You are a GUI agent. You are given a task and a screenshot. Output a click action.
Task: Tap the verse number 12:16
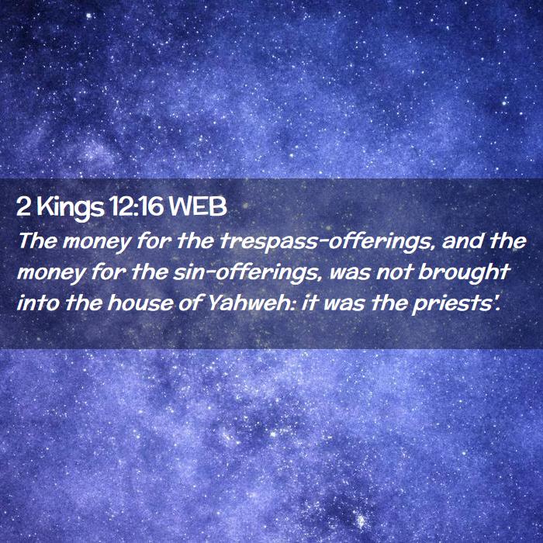pos(136,206)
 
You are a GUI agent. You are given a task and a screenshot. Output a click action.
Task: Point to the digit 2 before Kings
pos(23,207)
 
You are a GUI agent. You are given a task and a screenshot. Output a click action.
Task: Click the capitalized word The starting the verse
pos(37,240)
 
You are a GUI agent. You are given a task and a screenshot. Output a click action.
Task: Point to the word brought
pos(465,273)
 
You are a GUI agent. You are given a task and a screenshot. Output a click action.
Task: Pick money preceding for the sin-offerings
pos(51,274)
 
